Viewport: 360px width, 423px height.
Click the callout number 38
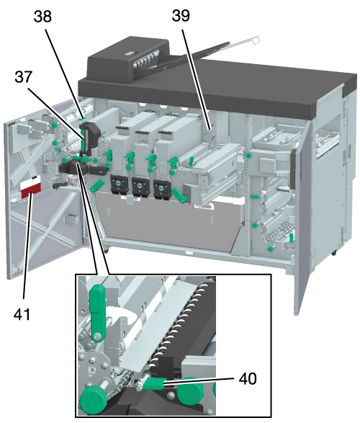(x=42, y=17)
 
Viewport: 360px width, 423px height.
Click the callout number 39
(x=181, y=15)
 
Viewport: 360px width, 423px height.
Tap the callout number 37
(x=24, y=77)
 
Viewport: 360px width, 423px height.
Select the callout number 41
(x=22, y=314)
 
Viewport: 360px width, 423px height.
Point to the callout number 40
(x=248, y=378)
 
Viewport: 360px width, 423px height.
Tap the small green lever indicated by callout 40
(x=153, y=383)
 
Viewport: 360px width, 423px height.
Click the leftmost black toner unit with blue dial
(x=119, y=185)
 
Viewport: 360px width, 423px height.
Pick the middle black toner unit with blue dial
(x=140, y=187)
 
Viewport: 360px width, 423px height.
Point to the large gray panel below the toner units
(x=169, y=221)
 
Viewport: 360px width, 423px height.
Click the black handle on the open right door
(x=292, y=169)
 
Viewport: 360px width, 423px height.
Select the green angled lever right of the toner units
(x=180, y=195)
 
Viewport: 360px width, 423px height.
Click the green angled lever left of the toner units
(x=97, y=186)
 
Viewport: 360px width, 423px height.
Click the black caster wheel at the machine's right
(x=334, y=253)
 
